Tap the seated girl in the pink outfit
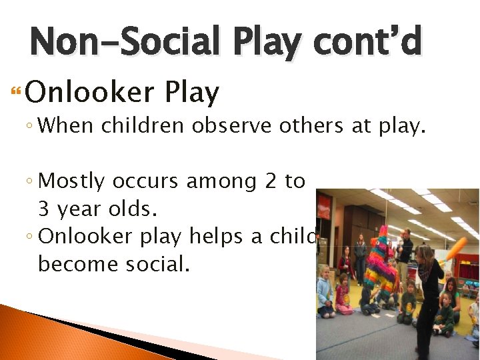click(x=343, y=297)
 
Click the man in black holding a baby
click(x=405, y=253)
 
